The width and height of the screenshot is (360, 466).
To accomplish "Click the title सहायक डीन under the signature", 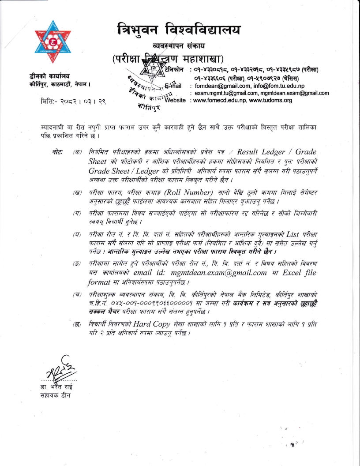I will coord(55,394).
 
